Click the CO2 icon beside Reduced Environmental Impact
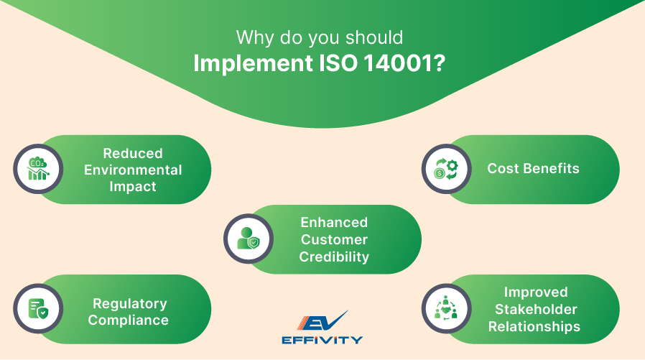(x=37, y=170)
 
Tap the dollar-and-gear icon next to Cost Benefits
(x=445, y=170)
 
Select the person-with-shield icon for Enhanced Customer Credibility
(x=248, y=239)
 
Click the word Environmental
(x=133, y=170)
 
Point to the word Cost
(x=503, y=169)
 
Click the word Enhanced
(x=334, y=222)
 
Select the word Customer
(x=334, y=239)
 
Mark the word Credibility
(x=334, y=257)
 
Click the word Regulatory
(x=129, y=303)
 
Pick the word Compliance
(x=129, y=320)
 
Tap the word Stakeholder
(x=535, y=309)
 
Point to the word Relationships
(x=534, y=326)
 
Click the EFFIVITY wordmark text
(x=322, y=340)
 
